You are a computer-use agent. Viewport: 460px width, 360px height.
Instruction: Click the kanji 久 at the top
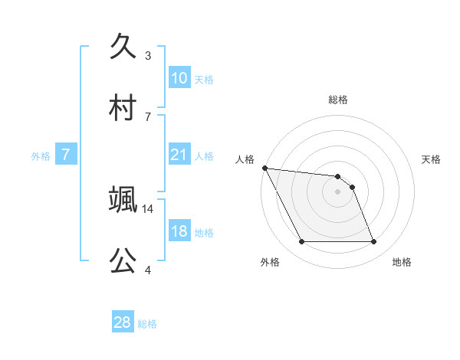click(x=123, y=48)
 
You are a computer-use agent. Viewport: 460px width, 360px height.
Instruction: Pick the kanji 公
click(x=123, y=261)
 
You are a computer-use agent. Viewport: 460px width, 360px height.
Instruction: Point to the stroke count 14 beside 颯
click(x=148, y=208)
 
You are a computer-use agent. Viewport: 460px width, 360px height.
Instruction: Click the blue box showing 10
click(x=179, y=78)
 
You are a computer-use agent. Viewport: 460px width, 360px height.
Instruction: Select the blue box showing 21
click(x=179, y=155)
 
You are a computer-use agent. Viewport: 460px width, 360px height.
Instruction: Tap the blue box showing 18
click(x=179, y=231)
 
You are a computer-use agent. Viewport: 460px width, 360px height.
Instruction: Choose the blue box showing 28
click(x=123, y=322)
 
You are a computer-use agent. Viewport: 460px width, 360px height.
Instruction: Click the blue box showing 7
click(x=66, y=155)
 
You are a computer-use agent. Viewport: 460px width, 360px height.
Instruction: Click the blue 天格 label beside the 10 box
click(x=203, y=79)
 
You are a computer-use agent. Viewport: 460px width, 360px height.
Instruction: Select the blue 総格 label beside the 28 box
click(x=147, y=324)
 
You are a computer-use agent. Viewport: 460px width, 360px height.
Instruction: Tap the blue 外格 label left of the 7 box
click(x=41, y=155)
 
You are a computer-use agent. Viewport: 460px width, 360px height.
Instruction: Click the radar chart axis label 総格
click(x=338, y=100)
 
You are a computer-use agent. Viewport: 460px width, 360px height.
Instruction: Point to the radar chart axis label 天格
click(x=431, y=159)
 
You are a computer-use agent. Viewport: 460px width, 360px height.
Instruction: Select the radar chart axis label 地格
click(x=402, y=262)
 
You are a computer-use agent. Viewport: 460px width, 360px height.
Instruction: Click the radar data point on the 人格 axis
click(x=264, y=168)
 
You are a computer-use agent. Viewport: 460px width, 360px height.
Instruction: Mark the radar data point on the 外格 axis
click(x=301, y=242)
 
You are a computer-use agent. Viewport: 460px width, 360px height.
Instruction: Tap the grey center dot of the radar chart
click(x=338, y=191)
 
